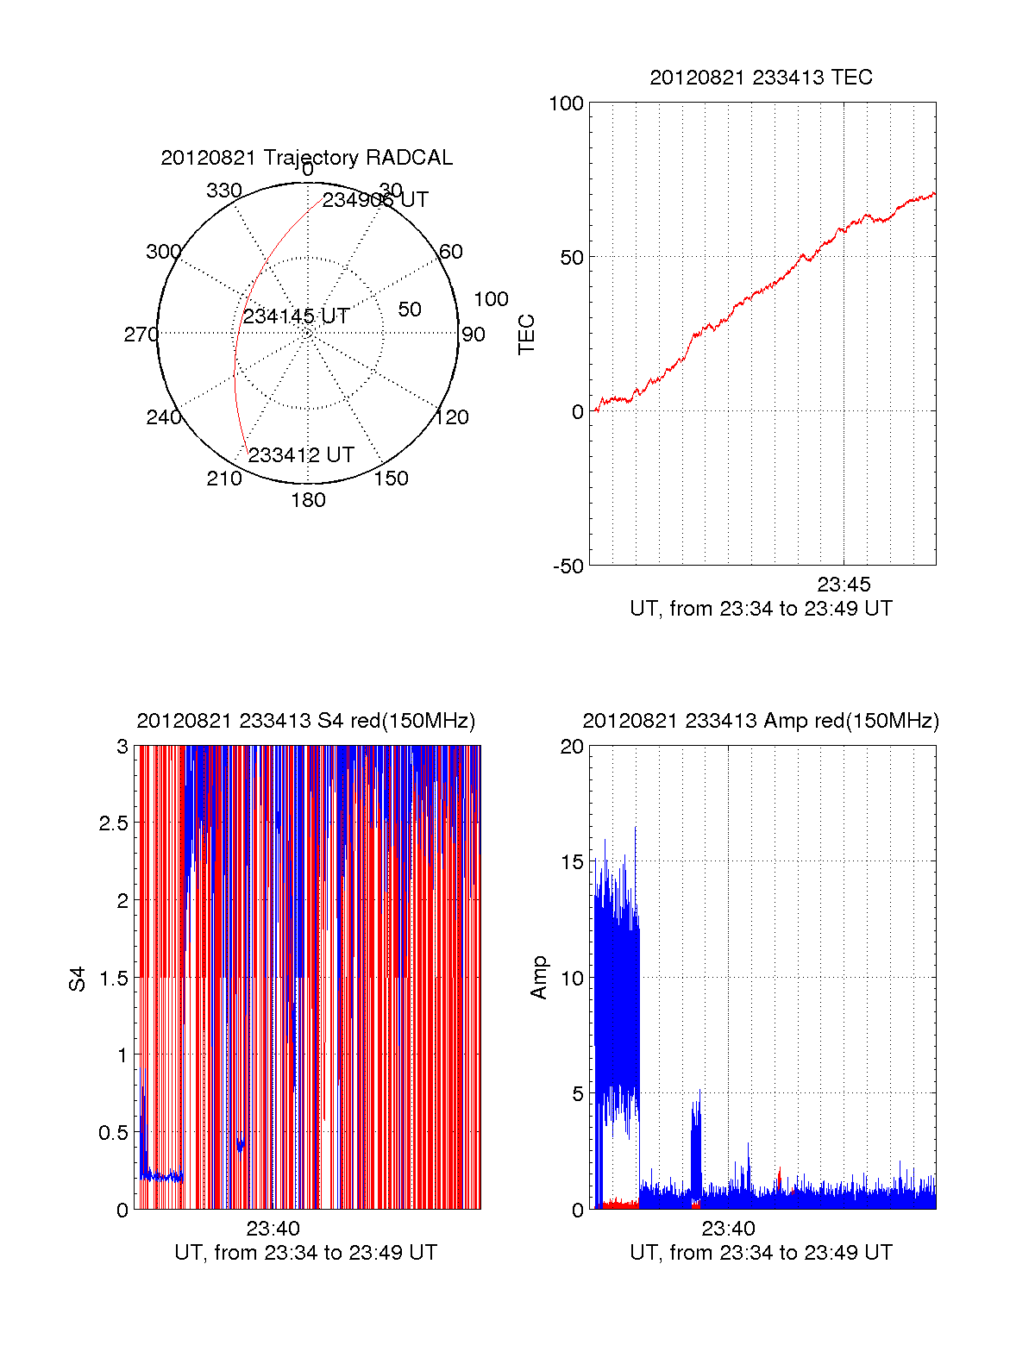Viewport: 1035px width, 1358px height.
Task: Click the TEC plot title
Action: click(761, 78)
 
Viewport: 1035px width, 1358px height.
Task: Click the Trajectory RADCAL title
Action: click(306, 158)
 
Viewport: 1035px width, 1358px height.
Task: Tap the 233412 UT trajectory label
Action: click(301, 455)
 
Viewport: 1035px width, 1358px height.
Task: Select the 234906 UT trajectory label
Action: click(375, 200)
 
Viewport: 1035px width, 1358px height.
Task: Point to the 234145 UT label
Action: click(296, 316)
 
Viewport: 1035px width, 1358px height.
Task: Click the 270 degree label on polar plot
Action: click(141, 335)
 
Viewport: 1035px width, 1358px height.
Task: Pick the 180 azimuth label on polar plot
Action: click(308, 500)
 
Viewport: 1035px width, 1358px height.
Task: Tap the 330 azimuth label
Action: click(223, 191)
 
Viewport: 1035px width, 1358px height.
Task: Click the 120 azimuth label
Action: click(452, 417)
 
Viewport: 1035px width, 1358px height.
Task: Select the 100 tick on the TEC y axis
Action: click(566, 103)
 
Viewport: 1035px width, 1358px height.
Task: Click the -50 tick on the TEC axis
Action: click(568, 566)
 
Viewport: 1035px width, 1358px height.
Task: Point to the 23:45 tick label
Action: click(844, 585)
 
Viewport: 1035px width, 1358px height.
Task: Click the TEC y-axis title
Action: click(526, 335)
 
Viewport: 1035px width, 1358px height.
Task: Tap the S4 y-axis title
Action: click(78, 979)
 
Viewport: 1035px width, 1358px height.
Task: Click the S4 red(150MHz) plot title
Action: click(306, 721)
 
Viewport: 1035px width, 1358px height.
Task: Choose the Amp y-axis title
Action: click(539, 978)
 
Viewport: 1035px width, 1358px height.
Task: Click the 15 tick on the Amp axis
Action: click(572, 862)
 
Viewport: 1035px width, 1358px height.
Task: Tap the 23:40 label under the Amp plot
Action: click(728, 1229)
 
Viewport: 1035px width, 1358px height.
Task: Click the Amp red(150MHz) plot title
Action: click(761, 721)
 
